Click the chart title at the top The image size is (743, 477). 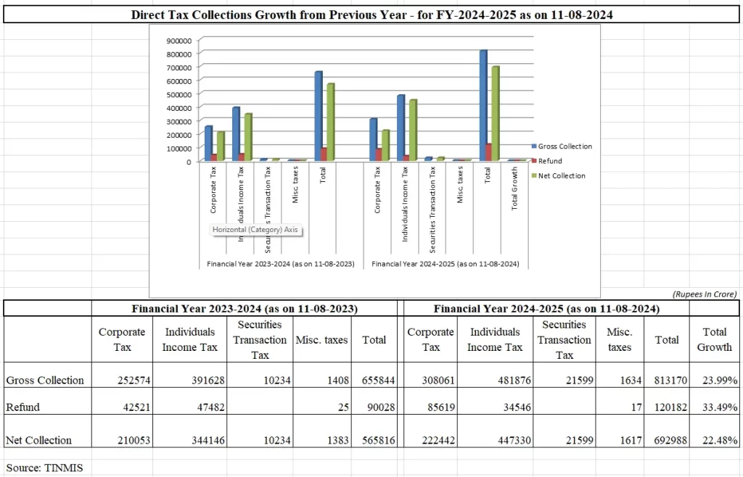371,14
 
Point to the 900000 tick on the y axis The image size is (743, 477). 178,40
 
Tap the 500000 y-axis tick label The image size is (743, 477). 178,94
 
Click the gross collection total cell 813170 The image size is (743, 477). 667,380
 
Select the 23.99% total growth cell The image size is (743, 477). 715,380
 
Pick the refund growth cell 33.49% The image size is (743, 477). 715,407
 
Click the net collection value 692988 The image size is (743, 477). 667,440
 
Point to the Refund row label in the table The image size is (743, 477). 22,407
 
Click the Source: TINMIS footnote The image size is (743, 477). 44,468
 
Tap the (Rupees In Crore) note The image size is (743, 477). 703,294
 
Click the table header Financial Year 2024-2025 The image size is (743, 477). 546,309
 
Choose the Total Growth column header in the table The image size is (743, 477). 714,339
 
